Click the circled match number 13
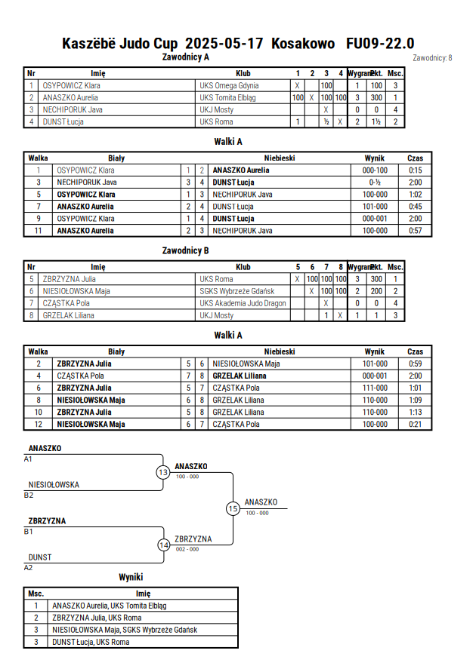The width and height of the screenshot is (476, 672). pos(163,472)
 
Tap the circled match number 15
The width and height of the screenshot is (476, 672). pos(233,509)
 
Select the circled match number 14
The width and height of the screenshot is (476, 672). pos(163,545)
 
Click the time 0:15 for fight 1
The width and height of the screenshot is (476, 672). pos(415,170)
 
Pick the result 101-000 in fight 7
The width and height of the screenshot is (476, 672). pos(375,207)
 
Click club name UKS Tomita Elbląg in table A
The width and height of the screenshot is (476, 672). pos(227,98)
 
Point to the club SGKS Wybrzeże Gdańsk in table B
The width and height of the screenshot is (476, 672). pos(237,291)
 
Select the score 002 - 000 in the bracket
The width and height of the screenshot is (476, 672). pos(187,549)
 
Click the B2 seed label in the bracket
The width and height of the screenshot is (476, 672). pos(28,496)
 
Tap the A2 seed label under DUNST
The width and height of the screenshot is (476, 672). pos(28,568)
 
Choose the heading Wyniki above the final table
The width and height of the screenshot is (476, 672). pos(131,577)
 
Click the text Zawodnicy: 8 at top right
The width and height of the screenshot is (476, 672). pos(432,58)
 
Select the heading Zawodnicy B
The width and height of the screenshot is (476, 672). pos(185,250)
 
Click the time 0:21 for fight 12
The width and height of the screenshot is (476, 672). pos(415,425)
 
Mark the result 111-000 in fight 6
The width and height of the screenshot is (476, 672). pos(375,388)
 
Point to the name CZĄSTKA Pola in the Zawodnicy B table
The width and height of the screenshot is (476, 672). pos(66,303)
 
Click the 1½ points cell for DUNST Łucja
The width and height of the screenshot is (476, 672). pos(376,121)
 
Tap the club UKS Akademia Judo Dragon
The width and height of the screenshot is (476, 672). pos(243,303)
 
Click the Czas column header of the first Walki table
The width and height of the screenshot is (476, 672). pos(415,158)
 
